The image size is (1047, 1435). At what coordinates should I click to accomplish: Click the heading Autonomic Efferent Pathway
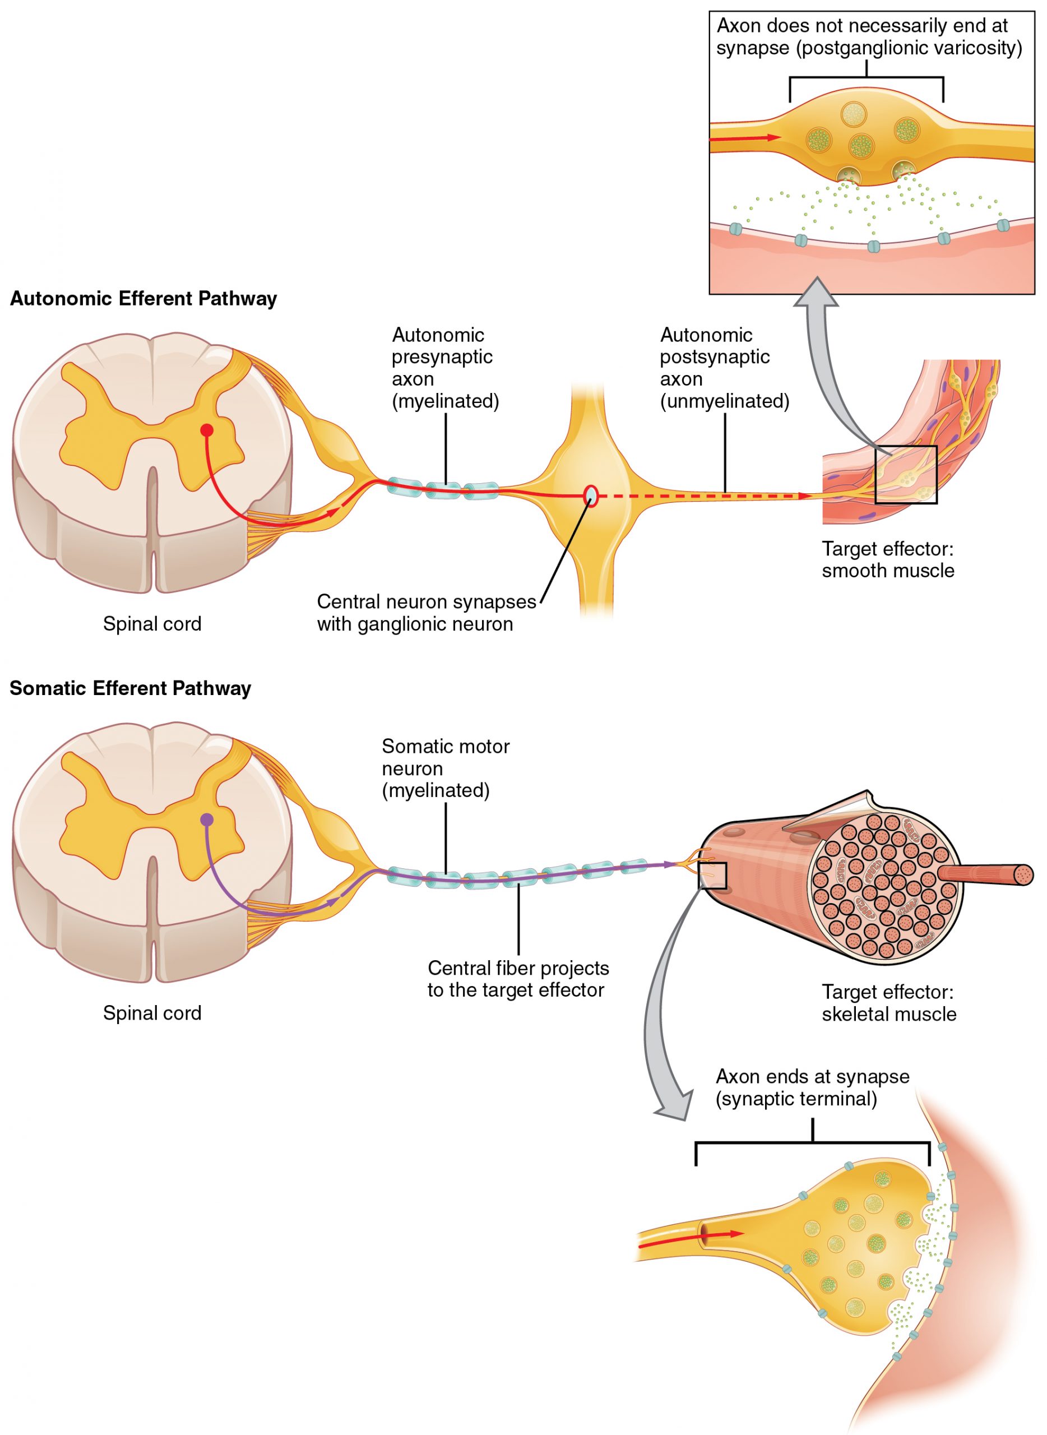143,299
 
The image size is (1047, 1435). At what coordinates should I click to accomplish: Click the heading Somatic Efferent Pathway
130,688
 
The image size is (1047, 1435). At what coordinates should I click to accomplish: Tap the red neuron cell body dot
207,430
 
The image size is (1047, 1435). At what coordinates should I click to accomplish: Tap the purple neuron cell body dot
207,820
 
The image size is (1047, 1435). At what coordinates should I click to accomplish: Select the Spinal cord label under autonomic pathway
152,624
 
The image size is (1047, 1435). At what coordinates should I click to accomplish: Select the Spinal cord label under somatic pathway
152,1013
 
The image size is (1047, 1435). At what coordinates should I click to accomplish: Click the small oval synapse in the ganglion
591,496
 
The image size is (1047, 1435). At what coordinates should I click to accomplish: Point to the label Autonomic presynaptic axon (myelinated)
445,368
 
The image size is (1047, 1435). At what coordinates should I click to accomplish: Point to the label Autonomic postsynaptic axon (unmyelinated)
724,368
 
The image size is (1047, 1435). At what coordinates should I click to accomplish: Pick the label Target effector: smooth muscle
887,559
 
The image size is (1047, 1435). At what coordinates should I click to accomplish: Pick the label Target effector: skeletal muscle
888,1003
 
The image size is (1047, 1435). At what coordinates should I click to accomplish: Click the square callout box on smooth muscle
906,475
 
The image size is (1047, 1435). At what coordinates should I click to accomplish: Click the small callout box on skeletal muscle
712,876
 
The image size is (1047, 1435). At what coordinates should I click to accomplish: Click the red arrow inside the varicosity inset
745,137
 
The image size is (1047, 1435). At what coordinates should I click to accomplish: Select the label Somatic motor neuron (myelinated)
445,768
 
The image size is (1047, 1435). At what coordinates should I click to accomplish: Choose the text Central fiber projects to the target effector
517,979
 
